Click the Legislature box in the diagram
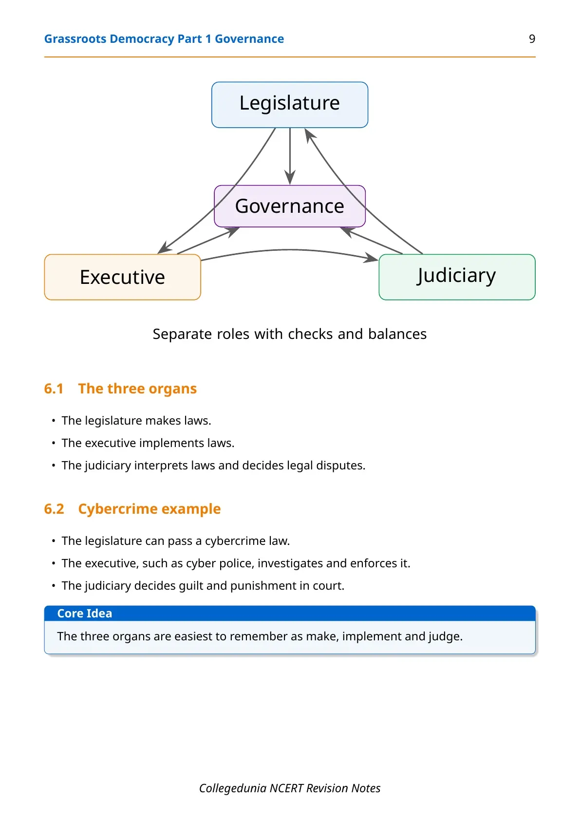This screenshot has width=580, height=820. [x=290, y=105]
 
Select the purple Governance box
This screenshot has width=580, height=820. [x=290, y=206]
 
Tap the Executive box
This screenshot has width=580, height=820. [x=122, y=277]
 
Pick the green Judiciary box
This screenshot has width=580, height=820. [x=457, y=277]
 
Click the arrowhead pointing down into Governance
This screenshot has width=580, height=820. [x=290, y=178]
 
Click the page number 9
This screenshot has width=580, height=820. [x=532, y=39]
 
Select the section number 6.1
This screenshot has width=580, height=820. [x=54, y=389]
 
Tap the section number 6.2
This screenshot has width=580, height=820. [x=54, y=509]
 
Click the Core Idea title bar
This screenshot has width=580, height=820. [x=290, y=613]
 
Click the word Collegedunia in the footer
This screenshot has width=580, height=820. [x=232, y=788]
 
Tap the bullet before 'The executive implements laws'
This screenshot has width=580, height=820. [x=54, y=443]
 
